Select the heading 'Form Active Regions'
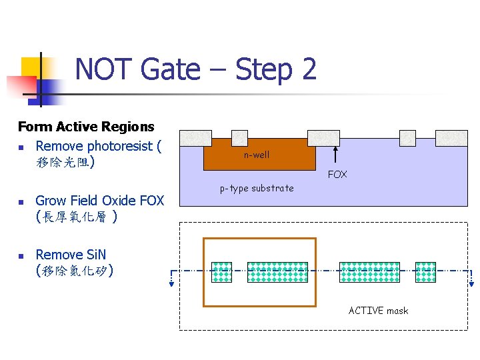coord(86,127)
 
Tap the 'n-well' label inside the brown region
coord(257,155)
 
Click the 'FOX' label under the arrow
coord(337,175)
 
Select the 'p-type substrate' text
coord(257,188)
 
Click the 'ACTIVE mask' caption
coord(378,311)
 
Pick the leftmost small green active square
coord(221,272)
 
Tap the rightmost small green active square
coord(425,272)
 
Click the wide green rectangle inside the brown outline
coord(278,272)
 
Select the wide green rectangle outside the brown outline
coord(370,272)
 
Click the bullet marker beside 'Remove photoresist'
coord(21,147)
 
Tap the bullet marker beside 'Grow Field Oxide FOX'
coord(21,201)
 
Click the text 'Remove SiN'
coord(70,255)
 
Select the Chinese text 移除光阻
coord(63,162)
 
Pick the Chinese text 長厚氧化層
coord(76,217)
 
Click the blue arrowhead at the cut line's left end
coord(171,283)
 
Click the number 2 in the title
coord(308,69)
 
